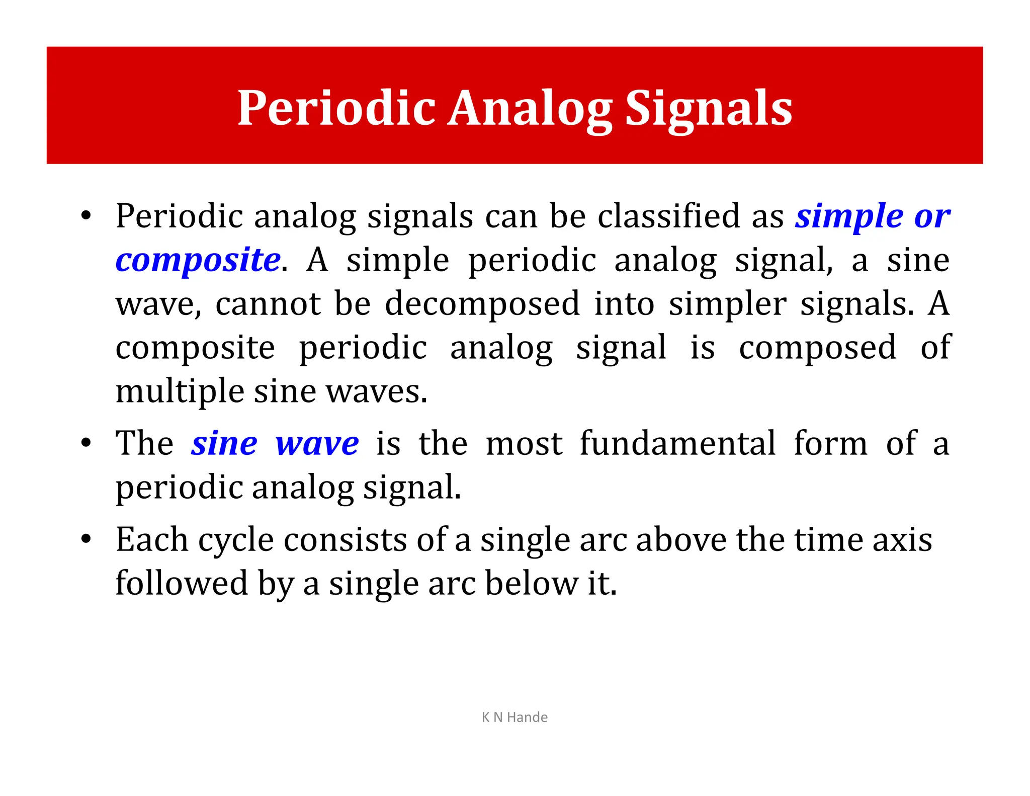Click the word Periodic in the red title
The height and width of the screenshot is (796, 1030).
click(x=336, y=108)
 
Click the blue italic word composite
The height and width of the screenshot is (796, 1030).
click(x=198, y=260)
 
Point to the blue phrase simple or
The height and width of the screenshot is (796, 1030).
click(x=872, y=216)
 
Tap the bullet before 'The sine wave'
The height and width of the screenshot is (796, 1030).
click(x=86, y=443)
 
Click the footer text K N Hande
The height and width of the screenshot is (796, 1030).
click(x=514, y=717)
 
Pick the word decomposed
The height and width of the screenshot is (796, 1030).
click(x=482, y=304)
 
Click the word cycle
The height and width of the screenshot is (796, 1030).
click(x=236, y=540)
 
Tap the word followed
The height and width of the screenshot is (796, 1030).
click(x=182, y=583)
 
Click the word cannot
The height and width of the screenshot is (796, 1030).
click(x=268, y=304)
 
